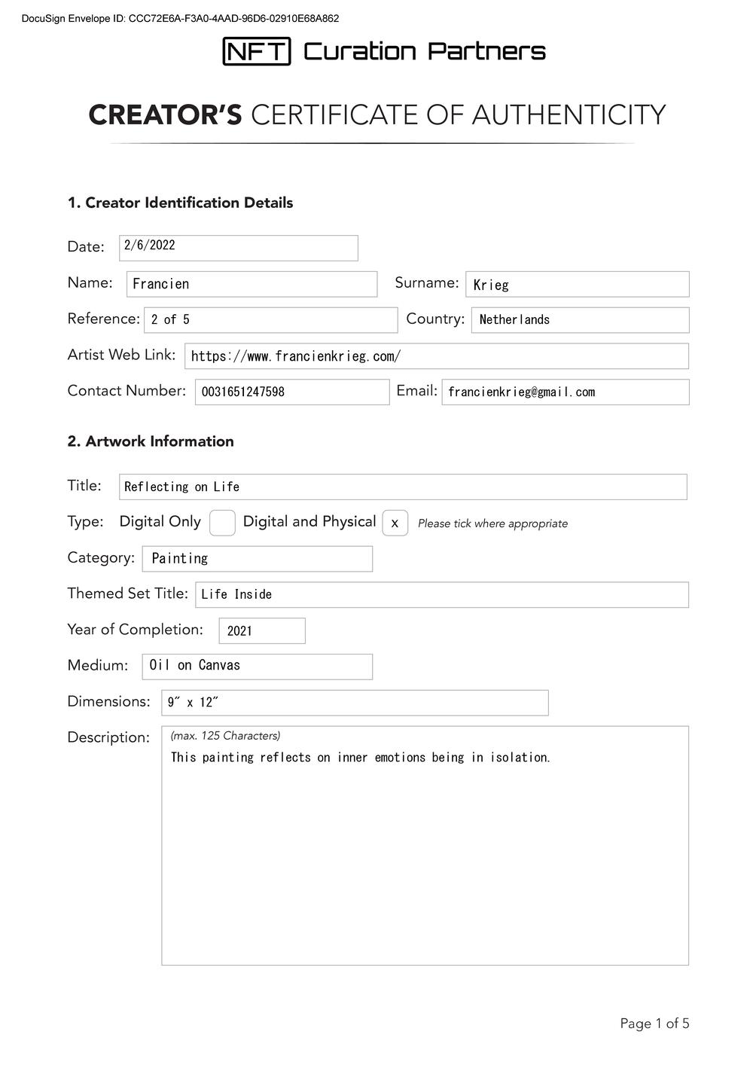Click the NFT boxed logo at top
click(x=256, y=51)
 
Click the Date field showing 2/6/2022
click(x=238, y=248)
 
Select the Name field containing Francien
click(x=252, y=284)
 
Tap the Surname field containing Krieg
click(x=577, y=285)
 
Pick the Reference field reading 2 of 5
click(x=270, y=320)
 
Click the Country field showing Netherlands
click(x=580, y=320)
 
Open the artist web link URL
click(x=296, y=356)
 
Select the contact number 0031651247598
click(x=243, y=392)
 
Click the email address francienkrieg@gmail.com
click(x=521, y=392)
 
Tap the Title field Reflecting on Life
click(x=182, y=487)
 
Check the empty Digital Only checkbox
click(x=222, y=523)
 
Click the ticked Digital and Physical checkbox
click(x=395, y=523)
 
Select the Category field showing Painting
click(x=257, y=559)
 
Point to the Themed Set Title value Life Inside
click(x=236, y=594)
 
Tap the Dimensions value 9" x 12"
click(x=193, y=703)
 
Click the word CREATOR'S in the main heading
click(x=165, y=115)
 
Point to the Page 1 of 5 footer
click(x=654, y=1024)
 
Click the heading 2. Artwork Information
click(x=151, y=441)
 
